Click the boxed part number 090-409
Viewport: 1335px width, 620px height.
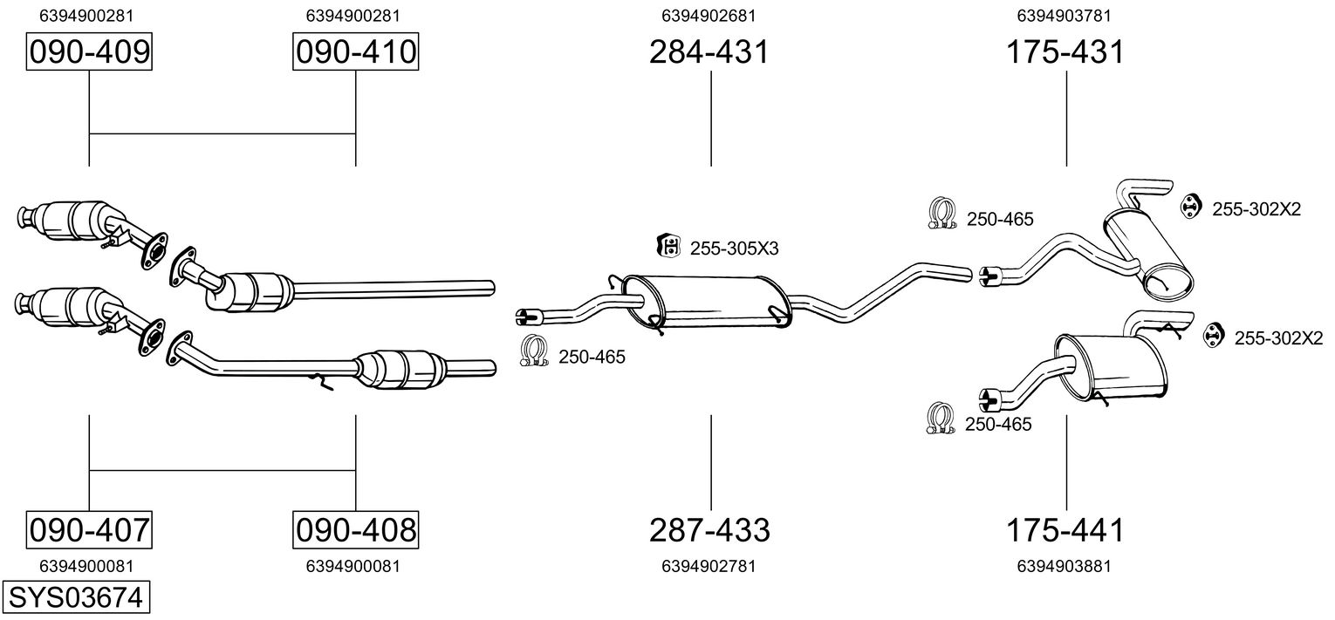pyautogui.click(x=90, y=52)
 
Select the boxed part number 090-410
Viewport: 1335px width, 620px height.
pyautogui.click(x=355, y=52)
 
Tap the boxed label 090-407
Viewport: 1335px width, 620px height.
pyautogui.click(x=90, y=529)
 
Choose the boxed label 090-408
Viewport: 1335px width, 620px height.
pyautogui.click(x=355, y=529)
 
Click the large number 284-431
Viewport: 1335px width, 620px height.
pyautogui.click(x=709, y=52)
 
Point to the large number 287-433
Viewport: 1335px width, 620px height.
pyautogui.click(x=709, y=529)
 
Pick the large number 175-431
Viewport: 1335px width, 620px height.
pyautogui.click(x=1065, y=52)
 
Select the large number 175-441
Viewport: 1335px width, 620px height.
pyautogui.click(x=1065, y=529)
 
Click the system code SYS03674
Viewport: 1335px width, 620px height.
pyautogui.click(x=75, y=598)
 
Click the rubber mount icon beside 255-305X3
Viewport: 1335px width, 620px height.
pyautogui.click(x=667, y=247)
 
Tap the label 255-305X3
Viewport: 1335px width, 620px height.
pyautogui.click(x=734, y=249)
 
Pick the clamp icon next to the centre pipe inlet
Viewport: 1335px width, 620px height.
pyautogui.click(x=532, y=351)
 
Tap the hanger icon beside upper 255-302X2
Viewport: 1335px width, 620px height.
pyautogui.click(x=1191, y=206)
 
